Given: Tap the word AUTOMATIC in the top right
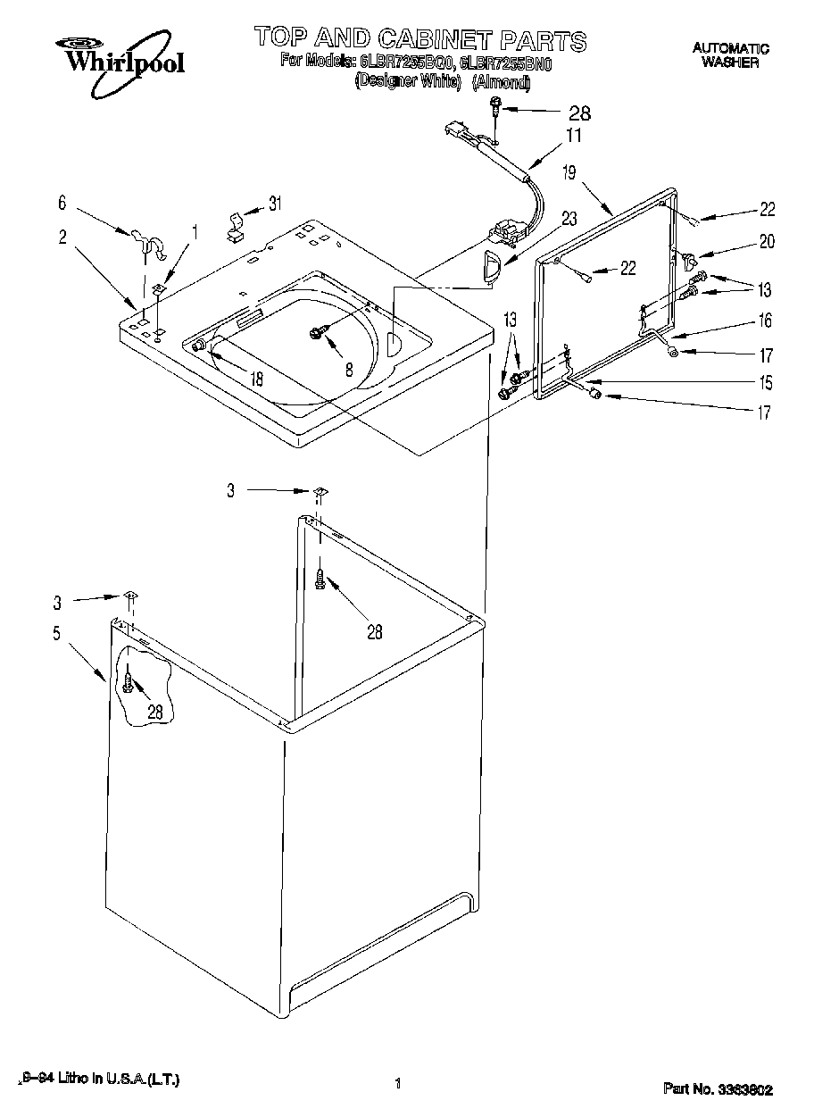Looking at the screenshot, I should tap(730, 48).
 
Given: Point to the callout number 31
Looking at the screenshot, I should tap(275, 204).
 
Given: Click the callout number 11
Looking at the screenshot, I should tap(572, 137).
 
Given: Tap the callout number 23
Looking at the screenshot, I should tap(568, 217).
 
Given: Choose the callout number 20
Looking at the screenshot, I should tap(766, 241).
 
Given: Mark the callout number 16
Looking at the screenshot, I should tap(765, 321).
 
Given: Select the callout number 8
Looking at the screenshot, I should tap(349, 368).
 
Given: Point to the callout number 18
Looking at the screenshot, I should tap(257, 379).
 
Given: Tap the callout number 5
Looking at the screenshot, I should tap(56, 635).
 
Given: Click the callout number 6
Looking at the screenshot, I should tap(62, 204).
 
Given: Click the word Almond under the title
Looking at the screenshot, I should tap(501, 83).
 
